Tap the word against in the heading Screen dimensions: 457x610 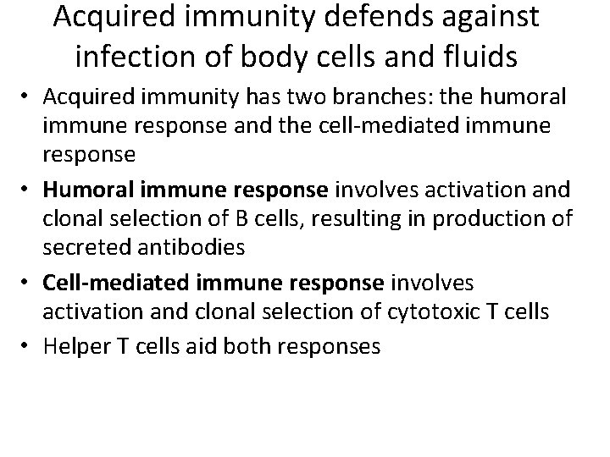pyautogui.click(x=463, y=19)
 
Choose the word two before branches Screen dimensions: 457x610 pyautogui.click(x=318, y=99)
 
